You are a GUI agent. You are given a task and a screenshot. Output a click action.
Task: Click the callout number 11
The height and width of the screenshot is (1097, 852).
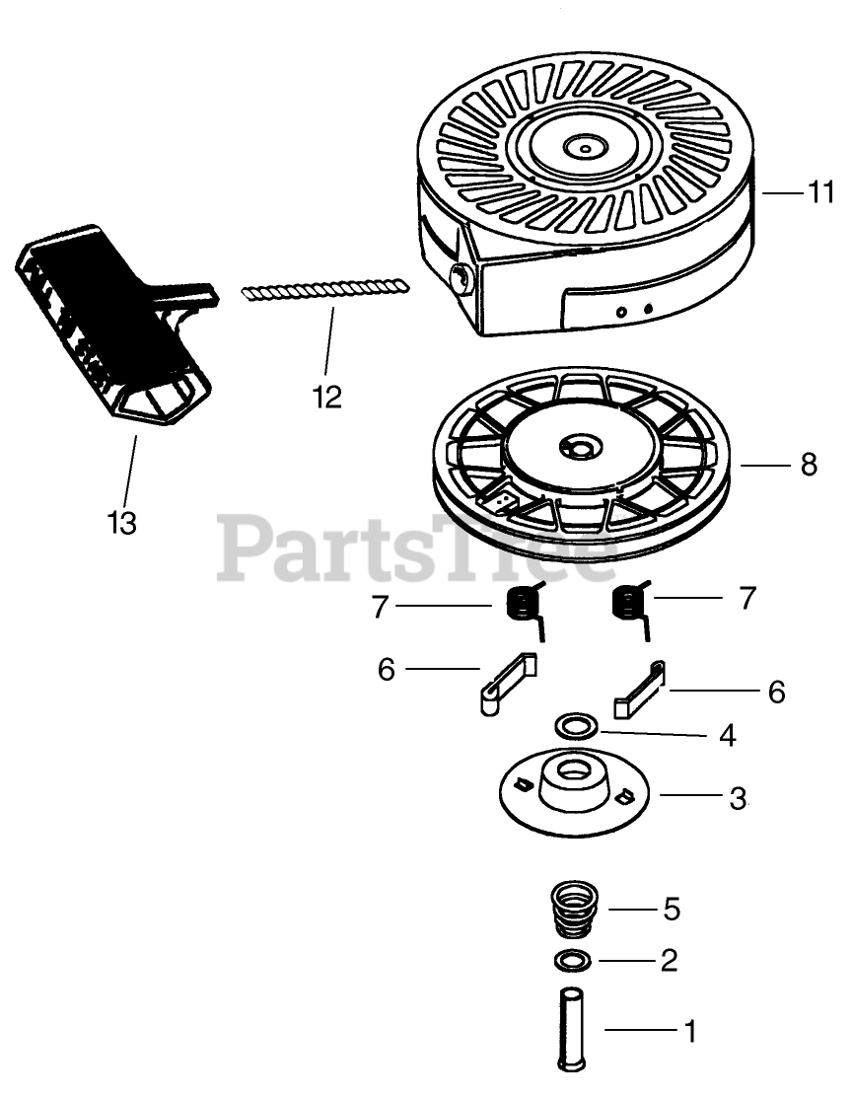pos(821,192)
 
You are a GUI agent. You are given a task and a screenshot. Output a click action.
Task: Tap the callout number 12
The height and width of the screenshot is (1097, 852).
pos(326,397)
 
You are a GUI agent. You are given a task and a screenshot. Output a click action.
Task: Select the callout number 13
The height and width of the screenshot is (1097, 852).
pos(121,522)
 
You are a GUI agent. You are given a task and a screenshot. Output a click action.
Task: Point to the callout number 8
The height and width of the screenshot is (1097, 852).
pos(809,464)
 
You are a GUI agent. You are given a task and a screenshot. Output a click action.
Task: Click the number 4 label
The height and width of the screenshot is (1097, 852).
pos(728,735)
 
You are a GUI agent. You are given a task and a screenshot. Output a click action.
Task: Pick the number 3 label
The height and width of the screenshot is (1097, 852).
pos(738,797)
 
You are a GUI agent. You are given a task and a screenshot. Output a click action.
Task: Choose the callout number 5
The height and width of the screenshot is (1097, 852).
pos(671,909)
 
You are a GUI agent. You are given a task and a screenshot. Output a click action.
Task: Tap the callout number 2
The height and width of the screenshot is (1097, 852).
pos(669,960)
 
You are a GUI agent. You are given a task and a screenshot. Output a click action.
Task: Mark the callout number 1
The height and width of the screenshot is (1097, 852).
pos(690,1032)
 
